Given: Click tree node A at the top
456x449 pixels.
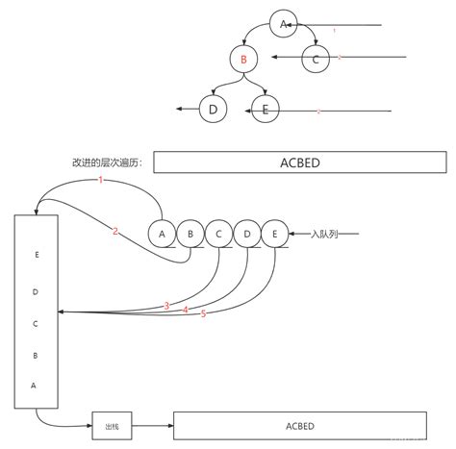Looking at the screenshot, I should click(x=283, y=24).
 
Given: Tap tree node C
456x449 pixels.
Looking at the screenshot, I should click(x=316, y=60).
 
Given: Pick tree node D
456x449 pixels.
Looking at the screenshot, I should click(x=212, y=111).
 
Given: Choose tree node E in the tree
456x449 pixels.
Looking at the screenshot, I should click(x=264, y=111).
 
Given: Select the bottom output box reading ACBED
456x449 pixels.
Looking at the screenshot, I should click(x=299, y=424).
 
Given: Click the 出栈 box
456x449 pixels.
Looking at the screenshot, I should click(x=111, y=424).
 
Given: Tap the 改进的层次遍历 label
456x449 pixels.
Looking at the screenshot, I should click(x=107, y=162).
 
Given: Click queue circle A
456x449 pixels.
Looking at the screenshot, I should click(x=163, y=234).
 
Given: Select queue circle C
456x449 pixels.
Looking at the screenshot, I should click(x=218, y=234).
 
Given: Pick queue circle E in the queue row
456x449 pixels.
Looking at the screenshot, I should click(x=274, y=234).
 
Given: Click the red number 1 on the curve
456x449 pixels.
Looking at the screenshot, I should click(x=101, y=182).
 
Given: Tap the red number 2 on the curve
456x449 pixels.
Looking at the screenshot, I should click(x=114, y=231).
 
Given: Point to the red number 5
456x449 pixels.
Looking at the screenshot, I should click(x=204, y=314).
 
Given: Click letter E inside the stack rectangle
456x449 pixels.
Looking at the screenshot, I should click(x=36, y=255).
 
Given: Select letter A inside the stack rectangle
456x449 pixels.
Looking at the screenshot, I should click(x=36, y=385).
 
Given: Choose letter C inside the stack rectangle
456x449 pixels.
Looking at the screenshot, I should click(x=36, y=324).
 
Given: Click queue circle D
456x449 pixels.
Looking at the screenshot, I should click(x=246, y=234).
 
